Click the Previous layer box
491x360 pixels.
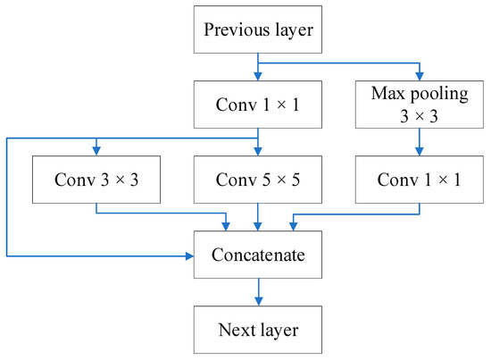258,29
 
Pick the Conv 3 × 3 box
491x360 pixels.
96,179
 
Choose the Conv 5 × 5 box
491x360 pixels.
258,179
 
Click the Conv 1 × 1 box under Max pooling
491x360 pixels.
419,179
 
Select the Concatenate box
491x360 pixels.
258,255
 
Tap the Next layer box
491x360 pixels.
258,330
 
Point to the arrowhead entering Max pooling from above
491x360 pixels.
419,75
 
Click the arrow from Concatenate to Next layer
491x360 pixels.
258,292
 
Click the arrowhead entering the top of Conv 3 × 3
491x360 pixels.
96,151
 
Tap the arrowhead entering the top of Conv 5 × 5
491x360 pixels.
258,151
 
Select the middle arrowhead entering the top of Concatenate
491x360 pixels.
258,226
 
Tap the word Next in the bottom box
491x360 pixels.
235,330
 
